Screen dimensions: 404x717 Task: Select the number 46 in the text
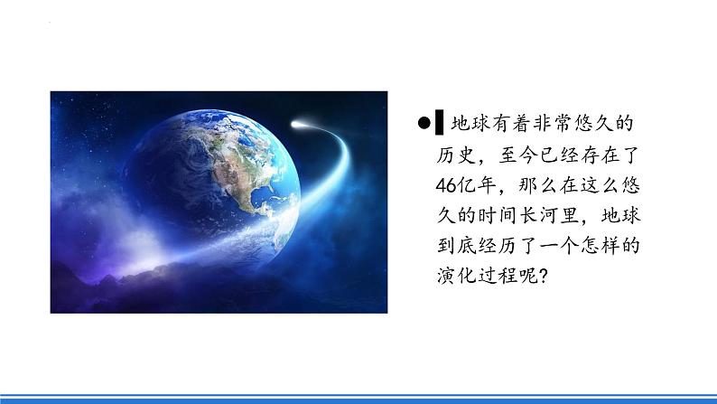tap(442, 184)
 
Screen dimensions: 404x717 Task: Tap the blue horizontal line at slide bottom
tap(358, 395)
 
